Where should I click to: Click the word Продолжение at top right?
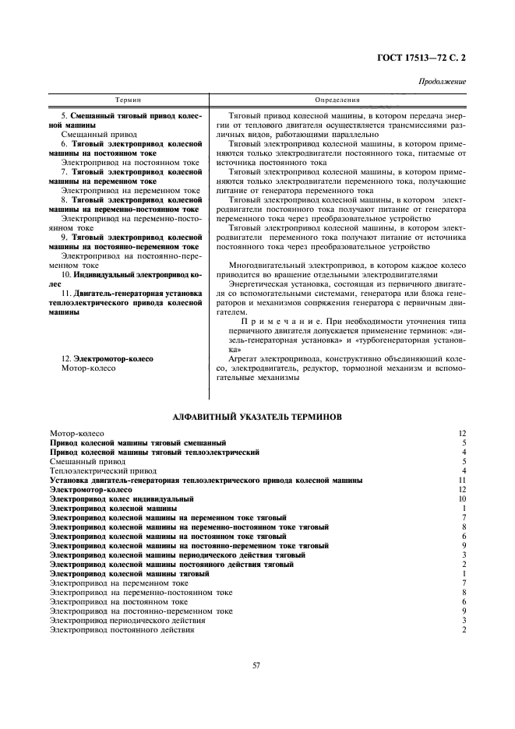[443, 81]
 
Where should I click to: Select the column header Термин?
[128, 100]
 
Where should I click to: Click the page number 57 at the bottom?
[256, 664]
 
